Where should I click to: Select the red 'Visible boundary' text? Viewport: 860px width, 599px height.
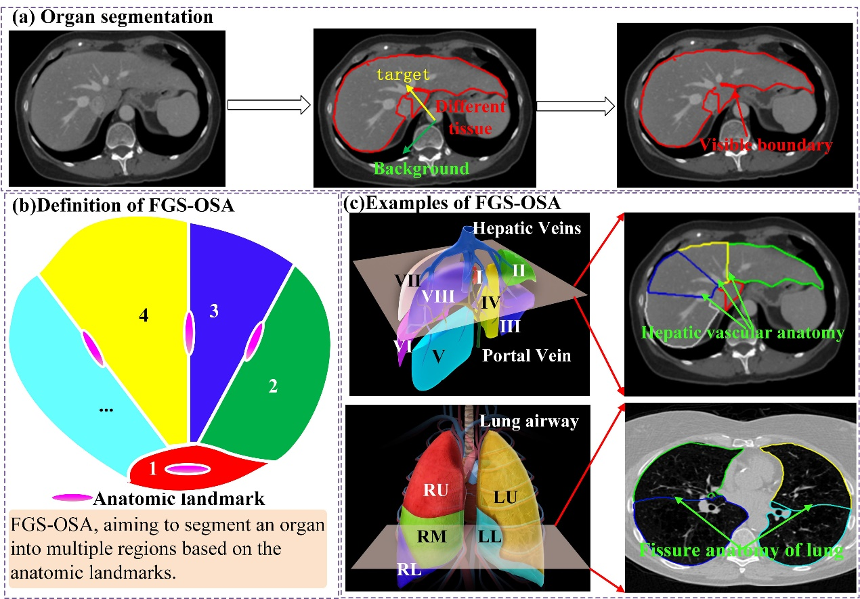[x=765, y=144]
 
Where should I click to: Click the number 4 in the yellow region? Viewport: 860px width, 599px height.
[x=143, y=315]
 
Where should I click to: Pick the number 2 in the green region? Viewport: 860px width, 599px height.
[x=273, y=386]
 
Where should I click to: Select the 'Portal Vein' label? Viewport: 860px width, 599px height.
[x=526, y=355]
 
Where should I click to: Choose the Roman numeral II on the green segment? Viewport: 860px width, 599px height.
[x=519, y=270]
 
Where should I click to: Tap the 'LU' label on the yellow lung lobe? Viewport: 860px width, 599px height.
[x=504, y=498]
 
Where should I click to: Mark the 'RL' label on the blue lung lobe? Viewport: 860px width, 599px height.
[x=408, y=570]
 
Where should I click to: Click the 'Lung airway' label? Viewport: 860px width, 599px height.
[x=529, y=422]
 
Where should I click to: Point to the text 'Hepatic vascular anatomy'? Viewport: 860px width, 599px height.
[x=743, y=332]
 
